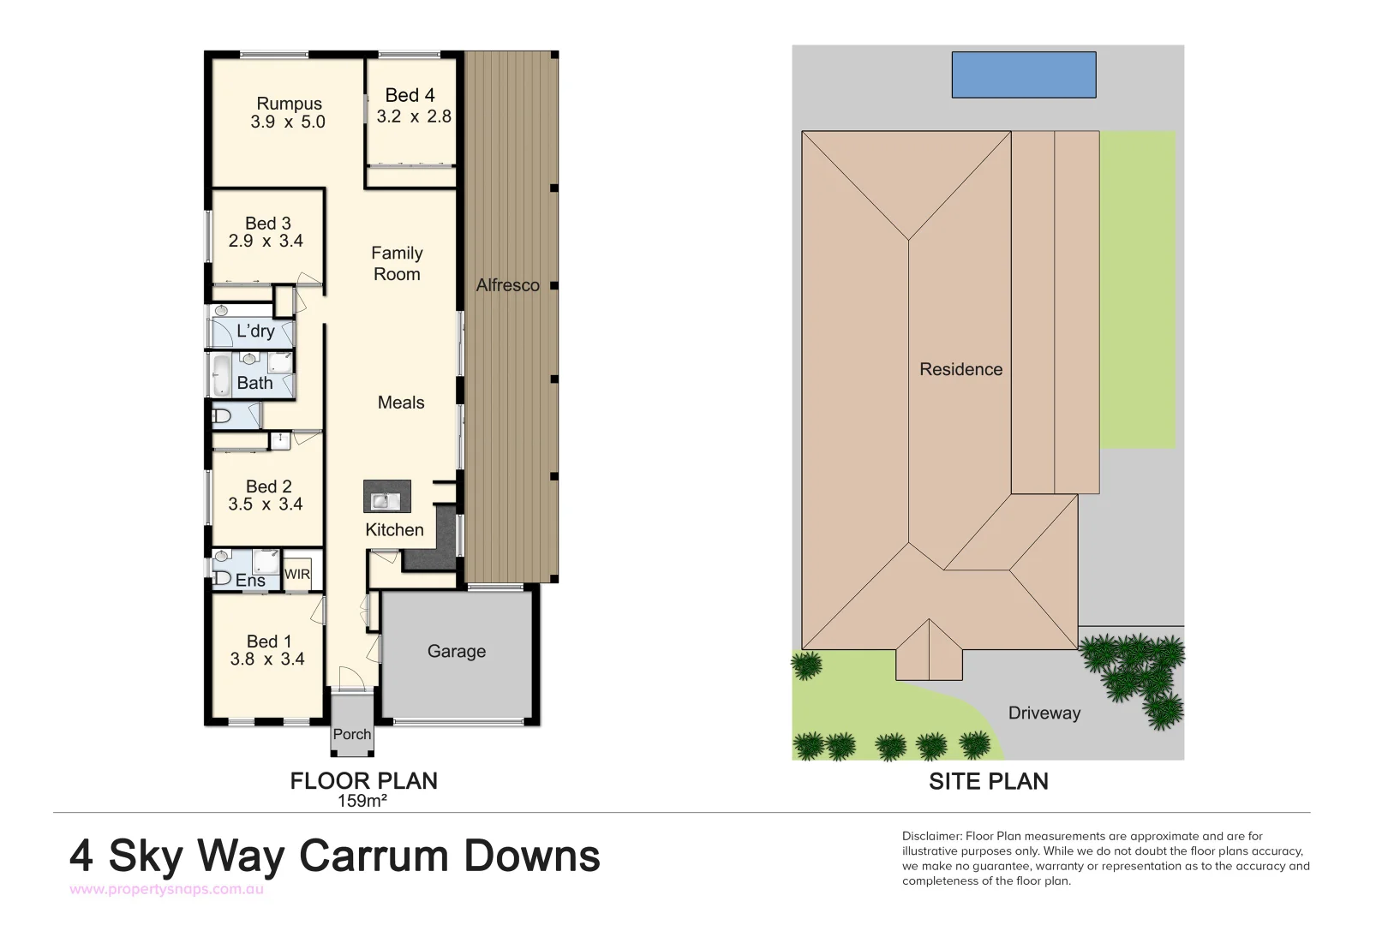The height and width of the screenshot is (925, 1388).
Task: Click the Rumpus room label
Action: (289, 104)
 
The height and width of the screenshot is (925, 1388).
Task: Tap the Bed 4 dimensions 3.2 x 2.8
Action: (414, 116)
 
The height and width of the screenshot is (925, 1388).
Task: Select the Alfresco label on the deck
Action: (507, 285)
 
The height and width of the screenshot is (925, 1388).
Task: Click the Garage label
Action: (456, 652)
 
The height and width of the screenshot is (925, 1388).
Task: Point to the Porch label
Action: (352, 735)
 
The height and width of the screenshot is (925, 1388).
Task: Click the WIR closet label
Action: (297, 575)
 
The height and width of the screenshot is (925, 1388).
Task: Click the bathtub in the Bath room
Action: (221, 376)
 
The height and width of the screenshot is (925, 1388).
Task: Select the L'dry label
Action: (255, 331)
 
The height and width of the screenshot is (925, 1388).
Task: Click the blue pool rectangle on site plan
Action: (1023, 75)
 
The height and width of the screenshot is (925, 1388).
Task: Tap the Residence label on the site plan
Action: (960, 369)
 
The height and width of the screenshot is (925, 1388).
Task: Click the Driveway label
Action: (1044, 713)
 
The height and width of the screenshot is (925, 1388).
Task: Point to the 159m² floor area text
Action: (362, 802)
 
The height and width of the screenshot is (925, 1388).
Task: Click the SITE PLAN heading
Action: (988, 781)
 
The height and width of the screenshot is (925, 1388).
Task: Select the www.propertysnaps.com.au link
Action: (166, 889)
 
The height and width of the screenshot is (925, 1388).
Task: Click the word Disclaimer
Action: (931, 836)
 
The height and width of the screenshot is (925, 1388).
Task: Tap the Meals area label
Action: (401, 403)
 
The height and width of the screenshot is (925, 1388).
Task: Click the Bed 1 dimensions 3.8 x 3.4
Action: (267, 659)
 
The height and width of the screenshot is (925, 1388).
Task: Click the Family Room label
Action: (397, 264)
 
